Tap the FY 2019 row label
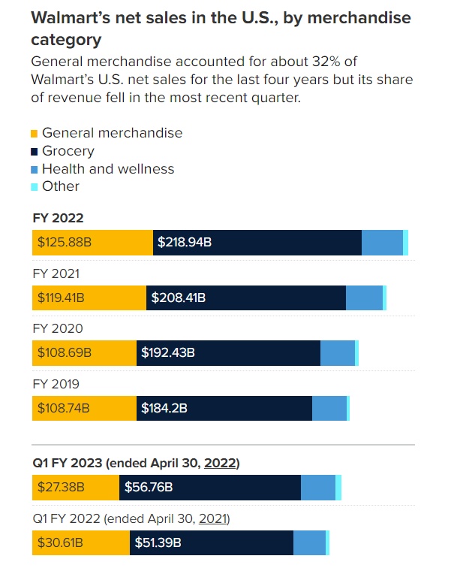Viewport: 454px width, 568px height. click(x=56, y=384)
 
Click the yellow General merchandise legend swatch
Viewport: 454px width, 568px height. click(x=35, y=134)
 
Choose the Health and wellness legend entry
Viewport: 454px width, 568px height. click(x=108, y=169)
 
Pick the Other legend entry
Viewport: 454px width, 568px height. click(x=60, y=186)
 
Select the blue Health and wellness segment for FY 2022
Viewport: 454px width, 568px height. click(x=382, y=243)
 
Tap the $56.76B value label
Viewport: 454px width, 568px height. click(x=148, y=488)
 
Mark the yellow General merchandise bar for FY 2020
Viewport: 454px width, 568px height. click(x=84, y=353)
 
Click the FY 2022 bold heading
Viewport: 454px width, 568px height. click(x=58, y=218)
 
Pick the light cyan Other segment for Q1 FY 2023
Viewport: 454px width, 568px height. click(x=338, y=488)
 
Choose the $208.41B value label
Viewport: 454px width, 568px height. click(x=179, y=298)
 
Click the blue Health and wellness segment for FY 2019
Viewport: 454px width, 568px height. click(x=329, y=409)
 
